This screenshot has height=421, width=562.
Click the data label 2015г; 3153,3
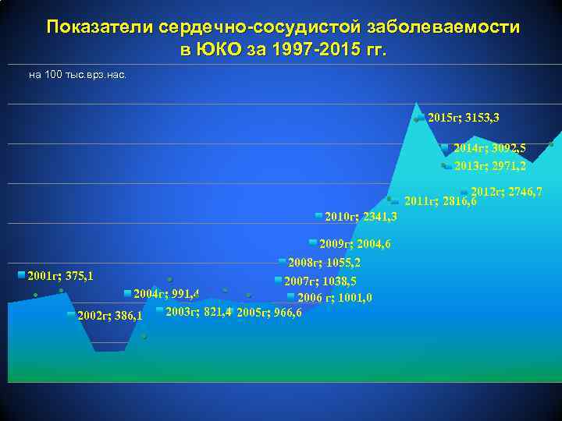click(464, 118)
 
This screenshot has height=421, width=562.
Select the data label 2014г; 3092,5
click(489, 147)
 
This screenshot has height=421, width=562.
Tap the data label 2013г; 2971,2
click(489, 165)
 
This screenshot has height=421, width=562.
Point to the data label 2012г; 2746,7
click(507, 192)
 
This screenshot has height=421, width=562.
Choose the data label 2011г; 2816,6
click(439, 201)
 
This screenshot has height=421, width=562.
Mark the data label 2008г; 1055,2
click(324, 263)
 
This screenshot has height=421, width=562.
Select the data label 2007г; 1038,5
click(320, 281)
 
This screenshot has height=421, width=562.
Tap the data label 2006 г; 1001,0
click(334, 297)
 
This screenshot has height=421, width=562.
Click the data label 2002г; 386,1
click(109, 317)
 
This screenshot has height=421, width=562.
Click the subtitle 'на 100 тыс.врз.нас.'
click(76, 75)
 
